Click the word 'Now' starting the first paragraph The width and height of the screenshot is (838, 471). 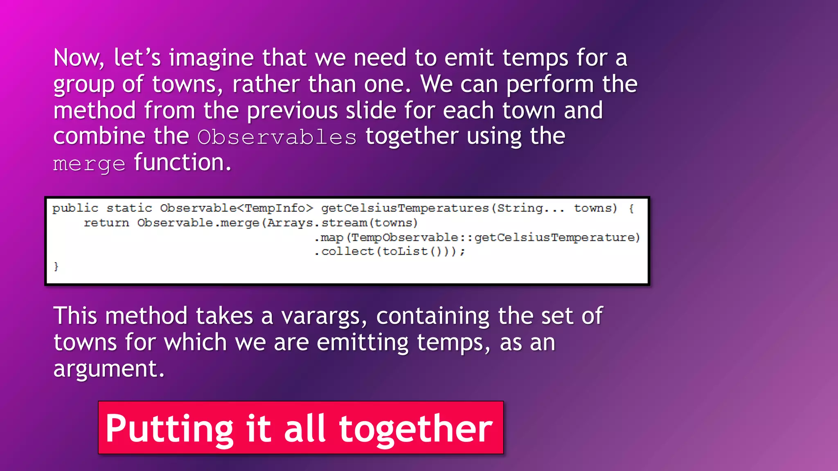click(77, 58)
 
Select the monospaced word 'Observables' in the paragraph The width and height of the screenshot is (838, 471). click(277, 137)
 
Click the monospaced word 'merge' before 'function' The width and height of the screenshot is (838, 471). click(89, 164)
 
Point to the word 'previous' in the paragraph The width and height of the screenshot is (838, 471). click(292, 110)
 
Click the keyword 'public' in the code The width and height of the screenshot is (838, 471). click(75, 208)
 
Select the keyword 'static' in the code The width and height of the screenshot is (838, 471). click(129, 208)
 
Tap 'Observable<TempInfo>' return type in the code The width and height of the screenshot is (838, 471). click(237, 208)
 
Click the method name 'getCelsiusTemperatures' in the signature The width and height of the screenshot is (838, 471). click(405, 208)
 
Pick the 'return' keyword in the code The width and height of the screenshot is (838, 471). click(106, 223)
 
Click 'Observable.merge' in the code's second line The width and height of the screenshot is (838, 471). click(198, 223)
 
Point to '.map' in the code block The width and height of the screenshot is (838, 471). click(329, 237)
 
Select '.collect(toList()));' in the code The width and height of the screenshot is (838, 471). click(390, 251)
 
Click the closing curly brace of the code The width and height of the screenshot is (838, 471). click(56, 267)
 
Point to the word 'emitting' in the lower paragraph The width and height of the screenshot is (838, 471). click(362, 342)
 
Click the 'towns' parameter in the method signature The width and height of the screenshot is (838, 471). click(595, 208)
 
